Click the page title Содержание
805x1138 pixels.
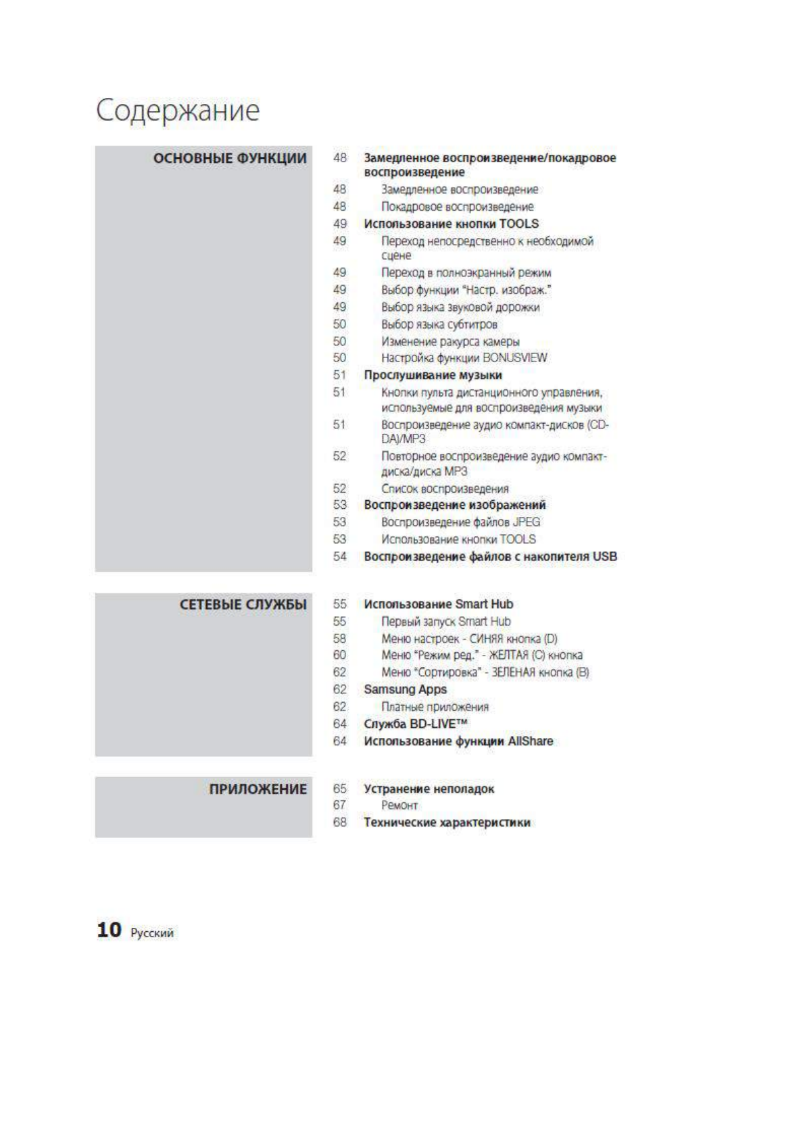(177, 110)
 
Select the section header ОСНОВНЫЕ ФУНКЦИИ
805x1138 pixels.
(230, 158)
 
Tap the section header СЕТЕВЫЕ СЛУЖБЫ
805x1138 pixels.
(243, 604)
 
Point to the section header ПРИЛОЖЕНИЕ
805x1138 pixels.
(258, 789)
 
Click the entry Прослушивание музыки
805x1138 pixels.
(433, 375)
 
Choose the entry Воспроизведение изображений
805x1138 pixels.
(454, 505)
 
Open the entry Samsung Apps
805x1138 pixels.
(405, 689)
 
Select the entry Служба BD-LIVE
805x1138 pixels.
(415, 724)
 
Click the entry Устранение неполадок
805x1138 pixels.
(429, 789)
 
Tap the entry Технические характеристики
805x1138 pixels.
(447, 822)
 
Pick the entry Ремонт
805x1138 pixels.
(399, 806)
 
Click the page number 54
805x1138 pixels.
(339, 556)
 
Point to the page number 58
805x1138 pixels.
(339, 639)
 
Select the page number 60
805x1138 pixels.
(339, 655)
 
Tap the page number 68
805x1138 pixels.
(339, 822)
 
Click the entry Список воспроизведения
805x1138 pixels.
(445, 489)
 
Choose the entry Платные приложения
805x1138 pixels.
(435, 707)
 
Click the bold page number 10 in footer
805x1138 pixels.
(109, 930)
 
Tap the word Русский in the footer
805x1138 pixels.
(152, 933)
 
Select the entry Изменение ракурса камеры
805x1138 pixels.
(450, 341)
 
